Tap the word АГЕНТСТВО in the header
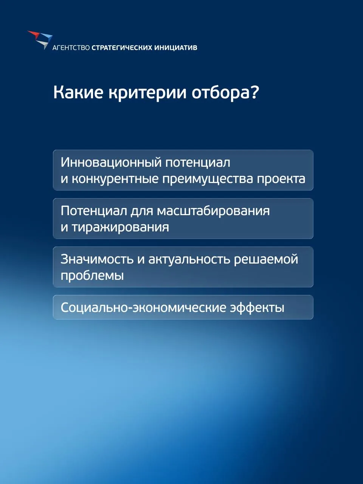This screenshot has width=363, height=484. click(71, 48)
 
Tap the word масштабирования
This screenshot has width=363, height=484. click(213, 211)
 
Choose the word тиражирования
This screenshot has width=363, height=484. click(121, 227)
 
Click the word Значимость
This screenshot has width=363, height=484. click(97, 259)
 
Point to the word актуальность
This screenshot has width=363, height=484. click(189, 259)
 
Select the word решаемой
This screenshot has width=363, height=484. click(266, 259)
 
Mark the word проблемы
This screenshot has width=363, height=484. click(92, 276)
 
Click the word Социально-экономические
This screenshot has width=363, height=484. click(143, 307)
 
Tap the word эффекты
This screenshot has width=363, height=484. click(257, 308)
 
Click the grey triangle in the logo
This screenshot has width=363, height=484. click(43, 44)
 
